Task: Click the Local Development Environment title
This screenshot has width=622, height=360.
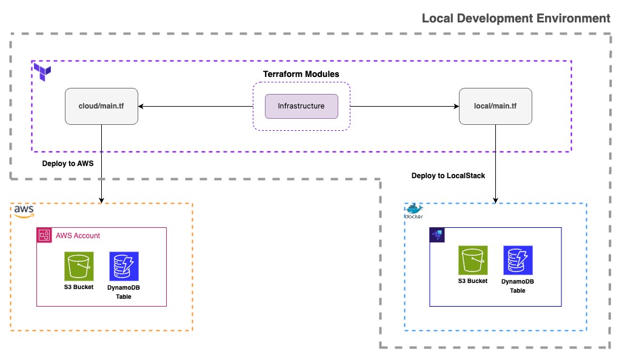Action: (516, 18)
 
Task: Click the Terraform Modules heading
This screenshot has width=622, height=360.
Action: (301, 74)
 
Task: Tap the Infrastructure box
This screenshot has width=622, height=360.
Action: (301, 106)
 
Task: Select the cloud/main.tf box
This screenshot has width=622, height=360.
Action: (101, 107)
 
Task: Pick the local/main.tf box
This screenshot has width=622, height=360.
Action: (495, 107)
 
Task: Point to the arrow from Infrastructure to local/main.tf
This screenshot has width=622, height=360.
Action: (404, 107)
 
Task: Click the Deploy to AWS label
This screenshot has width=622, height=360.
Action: (68, 164)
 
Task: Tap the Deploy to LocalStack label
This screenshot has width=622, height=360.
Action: (448, 176)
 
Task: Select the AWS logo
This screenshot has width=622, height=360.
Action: (24, 210)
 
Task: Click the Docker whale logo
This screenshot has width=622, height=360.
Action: (413, 210)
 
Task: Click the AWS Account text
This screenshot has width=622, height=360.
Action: (78, 236)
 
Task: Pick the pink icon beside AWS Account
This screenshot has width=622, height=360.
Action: (44, 235)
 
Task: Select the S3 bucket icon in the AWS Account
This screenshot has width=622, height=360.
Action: (79, 267)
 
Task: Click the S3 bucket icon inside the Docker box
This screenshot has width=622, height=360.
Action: (473, 261)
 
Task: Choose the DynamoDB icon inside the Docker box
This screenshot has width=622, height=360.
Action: (518, 261)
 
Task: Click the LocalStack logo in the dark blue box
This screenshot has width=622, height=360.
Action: (436, 235)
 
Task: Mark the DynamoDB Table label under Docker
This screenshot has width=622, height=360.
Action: (518, 286)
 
